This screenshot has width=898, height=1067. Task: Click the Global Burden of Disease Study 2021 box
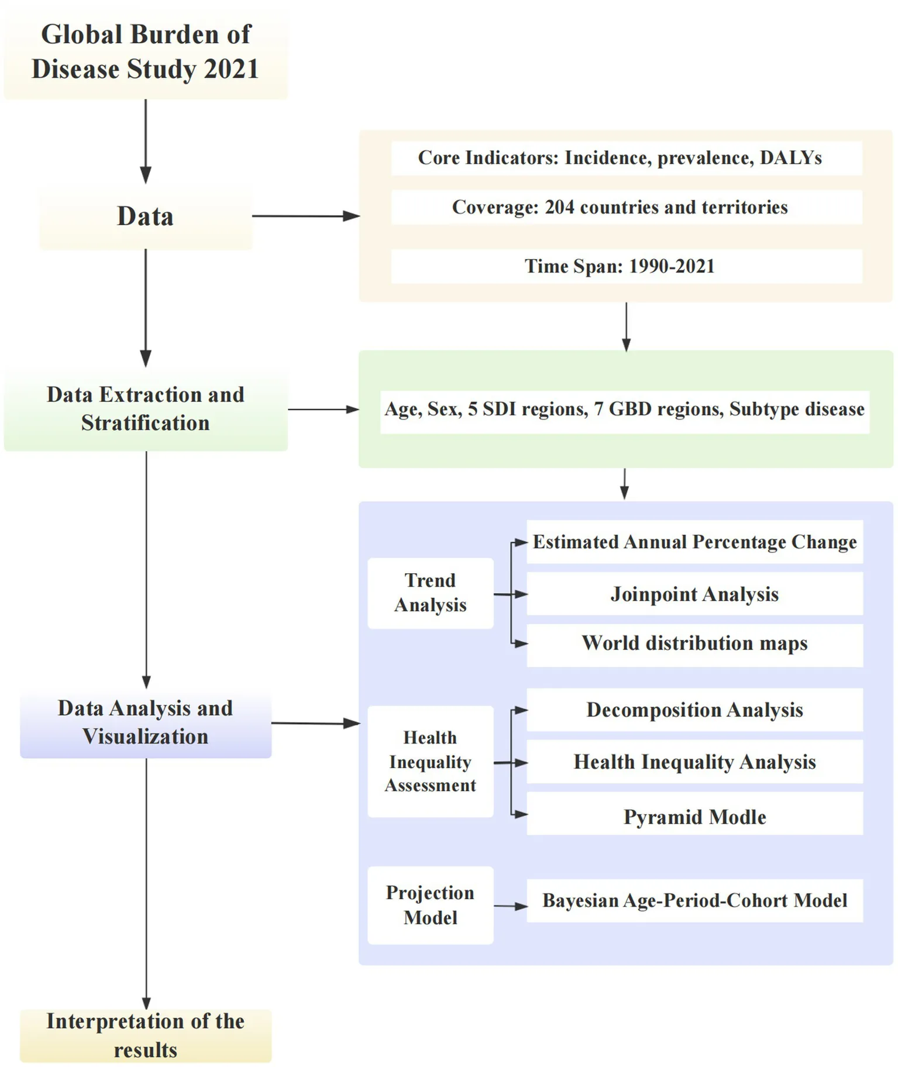[146, 53]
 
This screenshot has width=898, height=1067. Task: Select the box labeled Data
[146, 216]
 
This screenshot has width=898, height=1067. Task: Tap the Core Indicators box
[626, 158]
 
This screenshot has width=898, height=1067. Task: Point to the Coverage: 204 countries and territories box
[626, 207]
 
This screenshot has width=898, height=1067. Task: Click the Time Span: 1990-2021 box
[626, 266]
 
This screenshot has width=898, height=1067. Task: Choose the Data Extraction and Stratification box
[146, 409]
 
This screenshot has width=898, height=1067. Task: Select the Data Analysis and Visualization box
[146, 723]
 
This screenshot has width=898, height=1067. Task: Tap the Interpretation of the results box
[146, 1035]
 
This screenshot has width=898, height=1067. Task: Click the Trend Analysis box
[431, 593]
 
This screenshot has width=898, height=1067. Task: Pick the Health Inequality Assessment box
[431, 762]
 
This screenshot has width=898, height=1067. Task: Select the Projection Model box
[431, 905]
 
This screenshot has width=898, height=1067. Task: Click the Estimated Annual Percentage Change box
[694, 542]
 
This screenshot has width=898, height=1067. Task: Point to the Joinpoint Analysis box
[694, 594]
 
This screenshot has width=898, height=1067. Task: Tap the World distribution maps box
[694, 643]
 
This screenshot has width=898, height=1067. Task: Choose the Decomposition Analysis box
[694, 710]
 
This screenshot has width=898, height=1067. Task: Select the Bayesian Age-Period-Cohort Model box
[694, 901]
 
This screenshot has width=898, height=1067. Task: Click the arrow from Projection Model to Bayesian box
[510, 907]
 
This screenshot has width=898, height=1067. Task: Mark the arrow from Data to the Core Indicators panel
[305, 216]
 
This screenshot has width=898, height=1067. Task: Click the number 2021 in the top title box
[231, 69]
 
